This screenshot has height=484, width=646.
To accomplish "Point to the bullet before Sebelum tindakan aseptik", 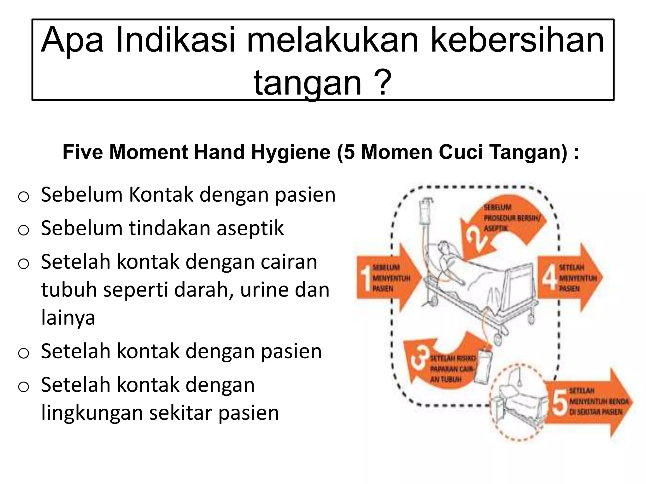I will [x=23, y=230].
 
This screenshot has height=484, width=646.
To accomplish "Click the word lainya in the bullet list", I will [x=68, y=318].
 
